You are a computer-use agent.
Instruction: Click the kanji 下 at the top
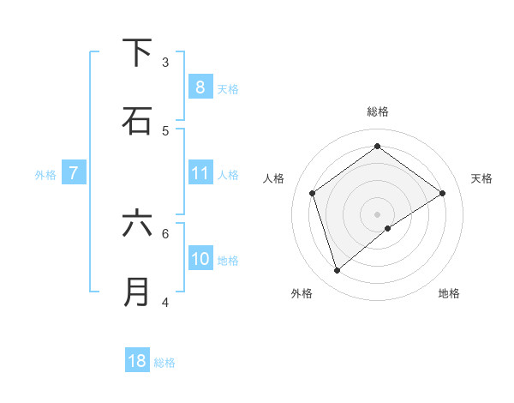pos(137,53)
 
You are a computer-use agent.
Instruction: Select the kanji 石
pos(137,121)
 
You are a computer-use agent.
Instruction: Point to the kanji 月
pos(137,292)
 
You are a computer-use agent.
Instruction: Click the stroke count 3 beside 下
pos(165,62)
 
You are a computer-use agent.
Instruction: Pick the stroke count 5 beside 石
pos(165,130)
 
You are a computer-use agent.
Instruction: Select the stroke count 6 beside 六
pos(165,232)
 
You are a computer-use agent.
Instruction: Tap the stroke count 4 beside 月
pos(165,302)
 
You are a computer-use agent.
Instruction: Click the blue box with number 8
pos(200,87)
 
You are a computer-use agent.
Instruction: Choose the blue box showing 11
pos(200,173)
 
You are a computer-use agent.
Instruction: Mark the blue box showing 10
pos(200,259)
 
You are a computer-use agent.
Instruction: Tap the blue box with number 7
pos(74,173)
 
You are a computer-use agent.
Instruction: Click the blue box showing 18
pos(137,361)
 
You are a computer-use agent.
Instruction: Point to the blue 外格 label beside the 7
pos(45,174)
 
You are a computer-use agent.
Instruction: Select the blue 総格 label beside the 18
pos(164,362)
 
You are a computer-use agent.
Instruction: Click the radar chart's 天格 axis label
pos(481,178)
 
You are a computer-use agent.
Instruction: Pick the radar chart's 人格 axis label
pos(274,178)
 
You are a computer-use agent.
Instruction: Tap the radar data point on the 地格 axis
pos(388,228)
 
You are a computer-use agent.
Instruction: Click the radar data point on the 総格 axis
pos(377,147)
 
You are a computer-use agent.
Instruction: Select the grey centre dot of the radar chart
pos(377,213)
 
